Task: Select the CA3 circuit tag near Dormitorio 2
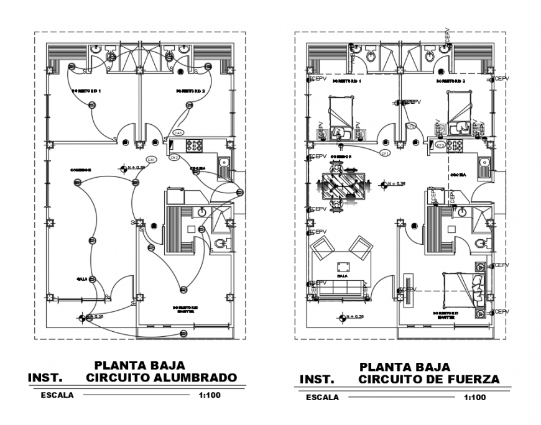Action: coord(178,133)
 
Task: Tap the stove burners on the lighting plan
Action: coord(195,145)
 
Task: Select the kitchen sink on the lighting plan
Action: coord(223,164)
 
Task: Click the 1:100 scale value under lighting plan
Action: coord(210,395)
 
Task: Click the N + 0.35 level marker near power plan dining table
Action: coord(393,184)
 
